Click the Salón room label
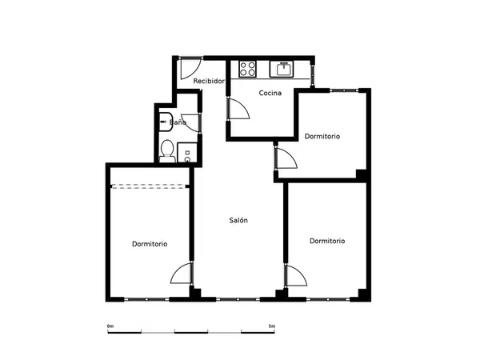pos(238,220)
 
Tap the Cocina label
pos(270,93)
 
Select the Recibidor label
pos(209,81)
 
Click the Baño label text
pos(178,122)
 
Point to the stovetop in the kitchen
pos(247,69)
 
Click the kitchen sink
pos(282,69)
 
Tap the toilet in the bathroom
pos(167,151)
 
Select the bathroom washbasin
pos(166,122)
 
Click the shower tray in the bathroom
pos(187,153)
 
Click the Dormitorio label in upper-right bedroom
pos(322,136)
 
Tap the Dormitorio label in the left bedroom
pos(150,244)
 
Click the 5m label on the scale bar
pos(272,326)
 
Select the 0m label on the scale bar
pos(110,326)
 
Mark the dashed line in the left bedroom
pos(149,186)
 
